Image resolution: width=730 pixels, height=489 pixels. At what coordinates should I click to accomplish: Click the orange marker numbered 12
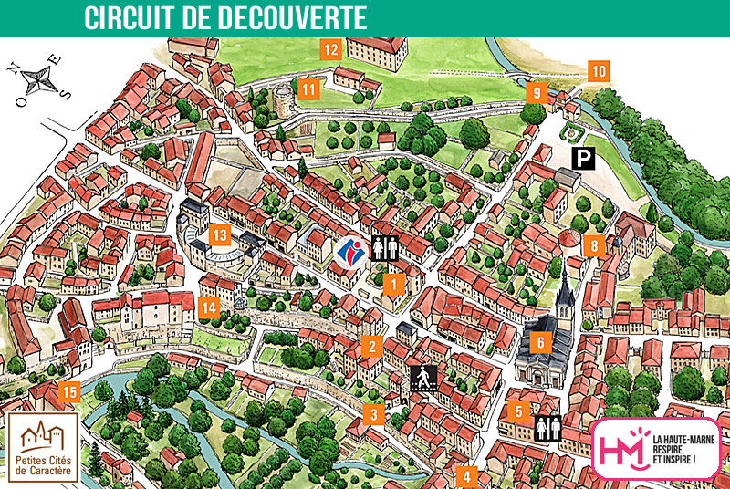(x=330, y=49)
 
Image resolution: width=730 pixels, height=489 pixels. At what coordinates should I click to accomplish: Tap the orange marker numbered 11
(x=310, y=89)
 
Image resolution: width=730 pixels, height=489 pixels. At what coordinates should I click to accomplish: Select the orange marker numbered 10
(x=599, y=70)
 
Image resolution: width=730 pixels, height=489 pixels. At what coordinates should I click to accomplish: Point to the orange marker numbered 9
(x=537, y=92)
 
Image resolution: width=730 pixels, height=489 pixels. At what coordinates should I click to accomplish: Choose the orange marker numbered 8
(x=594, y=245)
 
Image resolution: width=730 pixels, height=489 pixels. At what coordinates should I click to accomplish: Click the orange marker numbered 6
(x=539, y=343)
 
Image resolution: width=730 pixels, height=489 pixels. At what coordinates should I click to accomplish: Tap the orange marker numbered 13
(x=219, y=235)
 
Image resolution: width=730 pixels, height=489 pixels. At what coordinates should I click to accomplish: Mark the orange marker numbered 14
(x=210, y=307)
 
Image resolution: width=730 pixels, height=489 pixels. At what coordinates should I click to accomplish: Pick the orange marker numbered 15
(x=68, y=393)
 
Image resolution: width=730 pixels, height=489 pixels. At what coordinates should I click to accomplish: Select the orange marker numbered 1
(x=393, y=284)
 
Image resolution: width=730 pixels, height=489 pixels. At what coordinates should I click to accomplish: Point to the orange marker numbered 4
(x=467, y=476)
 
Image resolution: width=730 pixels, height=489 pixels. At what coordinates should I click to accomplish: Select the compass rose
(x=37, y=79)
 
